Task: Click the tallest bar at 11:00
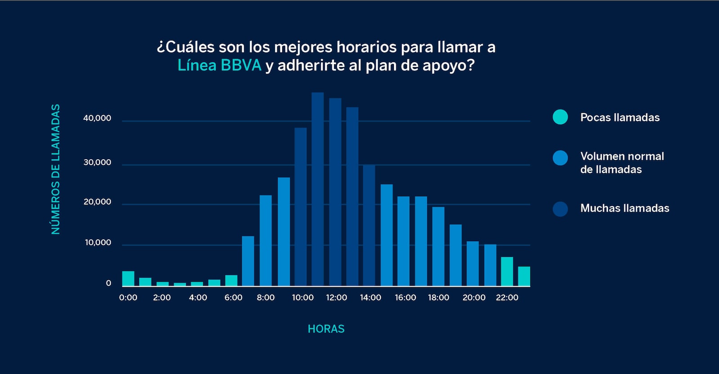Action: click(318, 189)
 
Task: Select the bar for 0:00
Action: click(128, 279)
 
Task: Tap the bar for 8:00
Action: click(266, 240)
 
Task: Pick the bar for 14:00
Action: click(369, 225)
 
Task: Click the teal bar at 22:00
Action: click(507, 271)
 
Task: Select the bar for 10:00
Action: click(301, 207)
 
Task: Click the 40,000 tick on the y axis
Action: click(97, 118)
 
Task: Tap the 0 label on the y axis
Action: click(108, 283)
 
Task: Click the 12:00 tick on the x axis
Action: click(336, 297)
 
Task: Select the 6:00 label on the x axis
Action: click(233, 297)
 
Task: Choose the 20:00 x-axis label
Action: click(474, 297)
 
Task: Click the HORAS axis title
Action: click(326, 329)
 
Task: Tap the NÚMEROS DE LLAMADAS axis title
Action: click(56, 169)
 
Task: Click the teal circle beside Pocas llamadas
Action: click(560, 117)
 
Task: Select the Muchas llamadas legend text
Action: click(625, 208)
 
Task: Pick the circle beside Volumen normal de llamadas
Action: click(560, 158)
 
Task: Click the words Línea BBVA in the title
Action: click(219, 66)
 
